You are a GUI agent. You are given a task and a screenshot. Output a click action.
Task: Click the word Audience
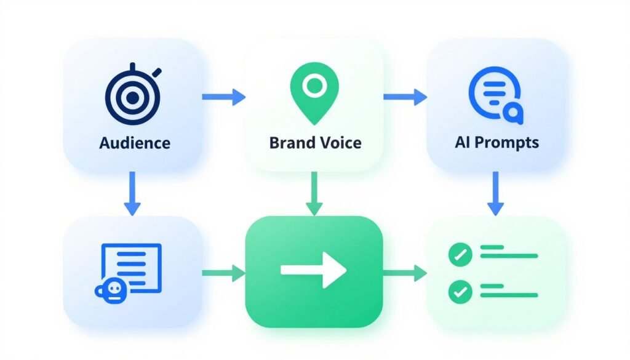point(134,143)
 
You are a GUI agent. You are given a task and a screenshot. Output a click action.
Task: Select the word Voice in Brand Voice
point(341,143)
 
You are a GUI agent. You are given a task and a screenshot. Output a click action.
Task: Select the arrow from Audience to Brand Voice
point(223,96)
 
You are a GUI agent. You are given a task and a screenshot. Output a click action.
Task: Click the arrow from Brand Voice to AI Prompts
point(405,96)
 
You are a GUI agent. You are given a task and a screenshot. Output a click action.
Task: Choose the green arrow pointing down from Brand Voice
point(314,193)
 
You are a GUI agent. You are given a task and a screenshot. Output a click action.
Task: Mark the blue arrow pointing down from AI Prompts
point(496,193)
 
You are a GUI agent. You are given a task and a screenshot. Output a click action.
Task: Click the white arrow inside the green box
point(314,270)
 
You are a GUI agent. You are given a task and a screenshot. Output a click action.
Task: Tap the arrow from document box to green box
point(223,271)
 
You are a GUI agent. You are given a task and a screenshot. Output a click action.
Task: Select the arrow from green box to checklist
point(405,271)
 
